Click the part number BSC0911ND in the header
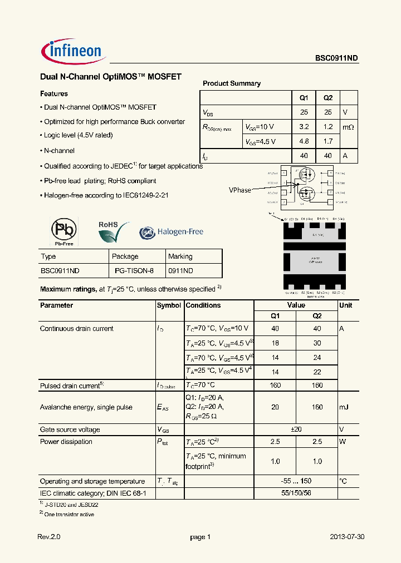[x=336, y=57]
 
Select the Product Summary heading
[x=232, y=83]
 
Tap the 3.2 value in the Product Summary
[x=304, y=127]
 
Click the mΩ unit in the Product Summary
[x=348, y=127]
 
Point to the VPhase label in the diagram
[x=240, y=190]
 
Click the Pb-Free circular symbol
[x=63, y=229]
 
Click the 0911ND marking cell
[x=181, y=271]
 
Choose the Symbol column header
[x=169, y=305]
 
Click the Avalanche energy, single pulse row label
[x=86, y=407]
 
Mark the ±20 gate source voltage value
[x=296, y=429]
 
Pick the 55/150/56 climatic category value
[x=296, y=493]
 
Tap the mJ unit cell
[x=344, y=407]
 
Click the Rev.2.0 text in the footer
[x=48, y=537]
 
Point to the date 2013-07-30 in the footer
[x=348, y=537]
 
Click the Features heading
[x=54, y=94]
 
